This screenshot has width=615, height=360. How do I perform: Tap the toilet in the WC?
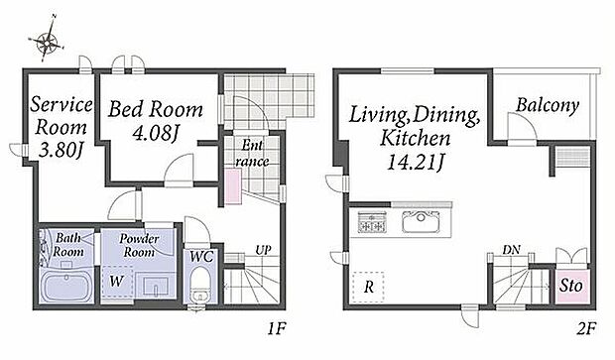(200, 284)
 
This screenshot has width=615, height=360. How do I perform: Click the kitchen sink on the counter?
(421, 221)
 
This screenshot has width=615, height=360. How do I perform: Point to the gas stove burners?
(372, 222)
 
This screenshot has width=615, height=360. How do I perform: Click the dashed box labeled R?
(368, 287)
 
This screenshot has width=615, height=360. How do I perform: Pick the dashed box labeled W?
(116, 282)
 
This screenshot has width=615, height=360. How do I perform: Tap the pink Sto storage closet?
(572, 287)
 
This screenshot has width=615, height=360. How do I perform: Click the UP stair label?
(263, 250)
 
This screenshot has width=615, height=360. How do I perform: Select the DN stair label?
(512, 249)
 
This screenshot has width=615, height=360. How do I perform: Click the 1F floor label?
(277, 328)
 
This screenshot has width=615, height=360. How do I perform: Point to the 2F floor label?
(586, 328)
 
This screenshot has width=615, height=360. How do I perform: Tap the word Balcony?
(548, 105)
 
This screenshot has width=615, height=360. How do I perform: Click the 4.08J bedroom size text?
(156, 133)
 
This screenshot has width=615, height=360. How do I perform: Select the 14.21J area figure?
(416, 161)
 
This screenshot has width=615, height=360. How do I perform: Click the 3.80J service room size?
(61, 150)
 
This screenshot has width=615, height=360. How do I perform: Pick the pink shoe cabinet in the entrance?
(233, 185)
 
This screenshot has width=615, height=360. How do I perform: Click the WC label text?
(201, 257)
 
